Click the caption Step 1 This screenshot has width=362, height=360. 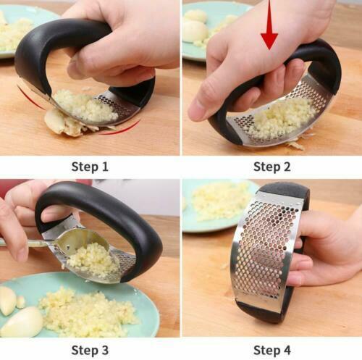[x=90, y=167]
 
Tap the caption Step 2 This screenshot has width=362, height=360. [x=271, y=167]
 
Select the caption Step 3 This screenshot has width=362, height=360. [x=90, y=351]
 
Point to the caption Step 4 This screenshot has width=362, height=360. [x=271, y=351]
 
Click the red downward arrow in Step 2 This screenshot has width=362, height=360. [x=269, y=25]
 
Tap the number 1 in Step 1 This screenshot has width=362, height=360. [x=105, y=167]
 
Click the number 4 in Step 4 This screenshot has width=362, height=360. [x=287, y=351]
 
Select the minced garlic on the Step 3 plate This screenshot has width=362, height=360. [x=87, y=311]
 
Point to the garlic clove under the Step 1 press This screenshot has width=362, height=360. [x=62, y=123]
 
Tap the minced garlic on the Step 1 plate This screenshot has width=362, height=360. [x=14, y=33]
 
